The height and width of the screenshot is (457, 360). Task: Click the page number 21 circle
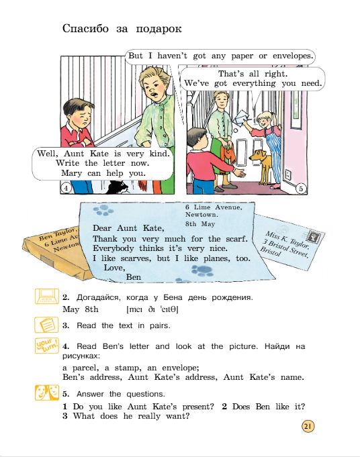(308, 427)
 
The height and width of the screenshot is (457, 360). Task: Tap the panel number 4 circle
(66, 188)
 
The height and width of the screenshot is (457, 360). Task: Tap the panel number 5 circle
(301, 189)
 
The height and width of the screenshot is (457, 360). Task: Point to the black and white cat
(117, 188)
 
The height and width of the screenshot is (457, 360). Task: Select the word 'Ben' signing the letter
(134, 277)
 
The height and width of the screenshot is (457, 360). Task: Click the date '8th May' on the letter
(200, 224)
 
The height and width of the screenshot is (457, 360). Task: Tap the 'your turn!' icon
(46, 346)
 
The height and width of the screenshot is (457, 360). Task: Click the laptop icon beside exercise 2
(46, 296)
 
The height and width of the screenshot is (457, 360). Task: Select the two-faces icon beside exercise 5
(46, 393)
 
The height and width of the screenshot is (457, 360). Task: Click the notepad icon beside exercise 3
(46, 324)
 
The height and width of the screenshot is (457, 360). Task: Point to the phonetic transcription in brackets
(152, 309)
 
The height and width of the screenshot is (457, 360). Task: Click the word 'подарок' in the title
(159, 29)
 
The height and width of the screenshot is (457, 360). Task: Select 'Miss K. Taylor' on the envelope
(287, 240)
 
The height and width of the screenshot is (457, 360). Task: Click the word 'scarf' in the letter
(236, 239)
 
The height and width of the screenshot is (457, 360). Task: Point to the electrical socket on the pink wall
(287, 174)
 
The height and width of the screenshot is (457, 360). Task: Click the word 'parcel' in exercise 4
(85, 368)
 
